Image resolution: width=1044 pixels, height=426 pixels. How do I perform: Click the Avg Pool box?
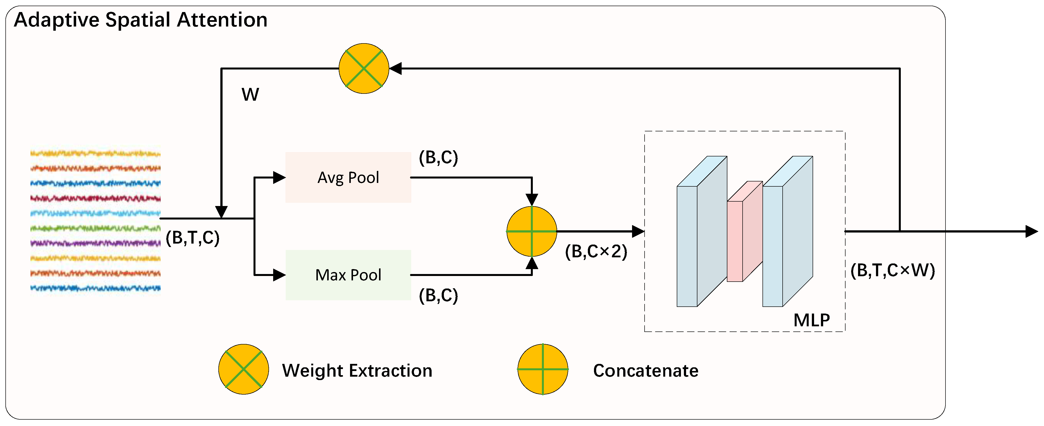[348, 177]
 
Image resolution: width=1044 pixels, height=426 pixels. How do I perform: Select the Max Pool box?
[348, 275]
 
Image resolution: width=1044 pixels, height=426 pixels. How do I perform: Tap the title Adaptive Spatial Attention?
[141, 20]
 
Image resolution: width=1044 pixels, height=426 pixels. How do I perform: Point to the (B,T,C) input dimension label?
[193, 238]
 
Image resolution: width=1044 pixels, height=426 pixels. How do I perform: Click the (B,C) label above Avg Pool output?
[438, 158]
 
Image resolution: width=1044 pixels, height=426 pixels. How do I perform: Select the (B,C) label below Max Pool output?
[438, 296]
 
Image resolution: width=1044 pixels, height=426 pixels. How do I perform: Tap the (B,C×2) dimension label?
[596, 252]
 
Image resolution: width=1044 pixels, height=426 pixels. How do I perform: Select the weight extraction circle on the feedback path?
[364, 69]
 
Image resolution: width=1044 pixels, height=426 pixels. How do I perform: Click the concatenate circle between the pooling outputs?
[531, 231]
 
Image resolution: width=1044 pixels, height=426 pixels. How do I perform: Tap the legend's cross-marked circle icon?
[243, 369]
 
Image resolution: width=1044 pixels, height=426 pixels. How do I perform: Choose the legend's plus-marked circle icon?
[543, 369]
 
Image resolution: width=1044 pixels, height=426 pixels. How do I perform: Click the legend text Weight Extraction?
[357, 371]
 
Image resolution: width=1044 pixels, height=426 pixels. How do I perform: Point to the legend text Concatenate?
[646, 371]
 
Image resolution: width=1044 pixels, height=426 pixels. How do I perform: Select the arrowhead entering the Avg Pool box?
[279, 177]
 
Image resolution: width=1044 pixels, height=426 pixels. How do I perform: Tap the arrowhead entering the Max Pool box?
[279, 275]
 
